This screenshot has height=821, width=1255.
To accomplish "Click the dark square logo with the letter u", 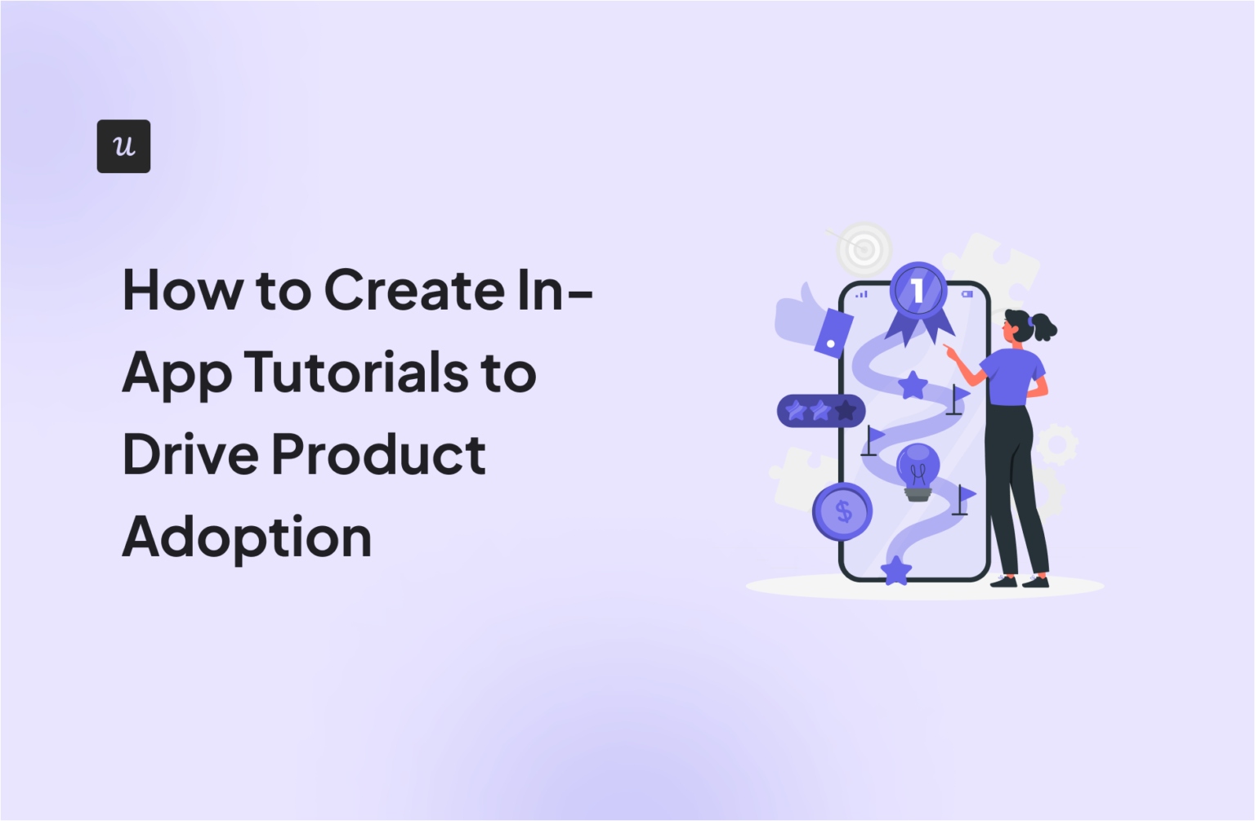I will coord(123,146).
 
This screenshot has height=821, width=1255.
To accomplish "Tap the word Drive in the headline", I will coord(190,454).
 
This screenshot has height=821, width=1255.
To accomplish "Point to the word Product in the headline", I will coord(378,454).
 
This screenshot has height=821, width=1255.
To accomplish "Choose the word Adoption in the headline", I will coord(247,538).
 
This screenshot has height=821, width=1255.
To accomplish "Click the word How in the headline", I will coord(182,290).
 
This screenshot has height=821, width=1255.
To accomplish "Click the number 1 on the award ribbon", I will coord(918,290).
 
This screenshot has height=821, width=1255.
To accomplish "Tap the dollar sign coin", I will coord(842,512).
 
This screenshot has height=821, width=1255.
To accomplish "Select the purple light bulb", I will coord(918,470).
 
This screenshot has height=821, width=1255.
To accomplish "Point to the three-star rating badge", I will coord(820,411).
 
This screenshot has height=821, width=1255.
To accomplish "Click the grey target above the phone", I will coord(864,247).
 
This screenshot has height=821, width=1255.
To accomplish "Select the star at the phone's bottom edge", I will coord(896,570).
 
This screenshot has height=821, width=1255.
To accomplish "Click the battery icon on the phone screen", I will coord(967,294).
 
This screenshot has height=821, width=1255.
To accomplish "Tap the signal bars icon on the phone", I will coord(862,294).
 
